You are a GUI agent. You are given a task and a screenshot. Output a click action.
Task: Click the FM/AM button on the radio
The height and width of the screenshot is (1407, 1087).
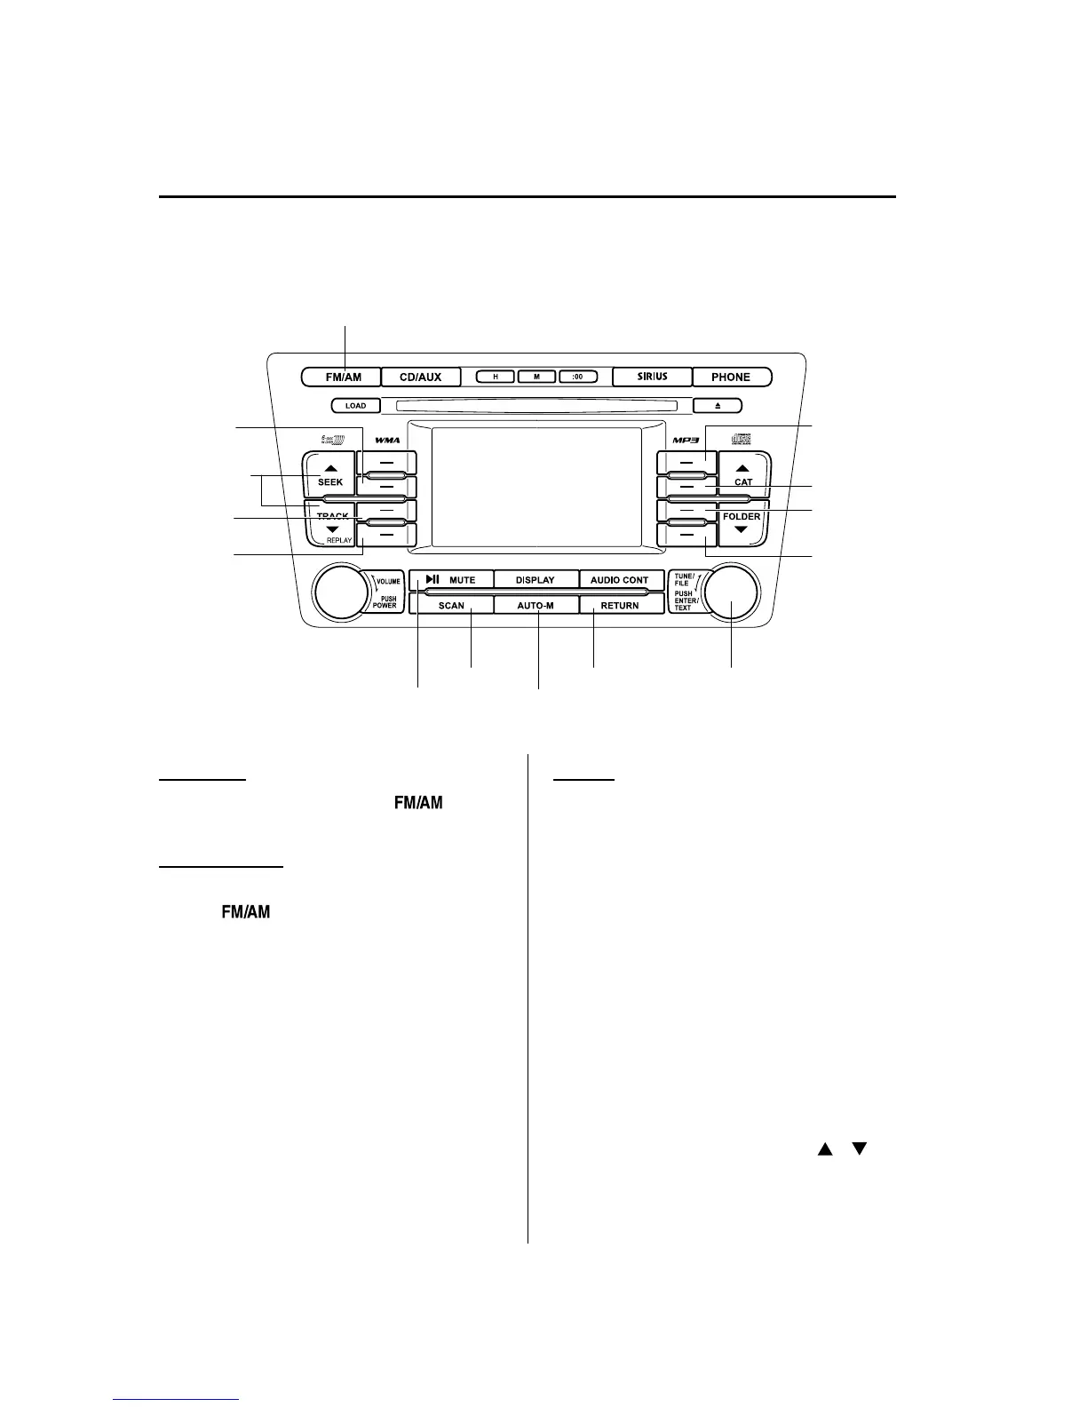point(343,377)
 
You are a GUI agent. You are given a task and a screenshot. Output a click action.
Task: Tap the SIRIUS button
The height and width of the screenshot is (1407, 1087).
point(652,377)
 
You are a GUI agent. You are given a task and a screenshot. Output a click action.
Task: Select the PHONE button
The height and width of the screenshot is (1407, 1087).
point(731,377)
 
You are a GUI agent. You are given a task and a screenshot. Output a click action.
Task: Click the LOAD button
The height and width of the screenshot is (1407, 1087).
point(355,406)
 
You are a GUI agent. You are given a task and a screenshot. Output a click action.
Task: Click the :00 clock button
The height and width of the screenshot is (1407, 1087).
point(578,377)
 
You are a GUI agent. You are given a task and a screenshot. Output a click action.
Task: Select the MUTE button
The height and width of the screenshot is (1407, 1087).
point(451,579)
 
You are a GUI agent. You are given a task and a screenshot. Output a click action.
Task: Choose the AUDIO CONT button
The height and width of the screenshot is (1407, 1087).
point(620,579)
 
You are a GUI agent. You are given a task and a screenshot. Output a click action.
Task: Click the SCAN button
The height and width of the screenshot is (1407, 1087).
point(451,605)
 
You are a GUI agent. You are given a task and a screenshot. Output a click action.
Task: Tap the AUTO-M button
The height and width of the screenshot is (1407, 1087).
point(536,605)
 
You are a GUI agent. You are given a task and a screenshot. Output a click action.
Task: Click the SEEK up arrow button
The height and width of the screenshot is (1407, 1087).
point(329,475)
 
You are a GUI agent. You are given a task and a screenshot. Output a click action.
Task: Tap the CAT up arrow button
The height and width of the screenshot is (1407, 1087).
point(743,475)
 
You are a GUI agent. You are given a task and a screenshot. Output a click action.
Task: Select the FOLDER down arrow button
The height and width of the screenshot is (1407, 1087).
point(742,524)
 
